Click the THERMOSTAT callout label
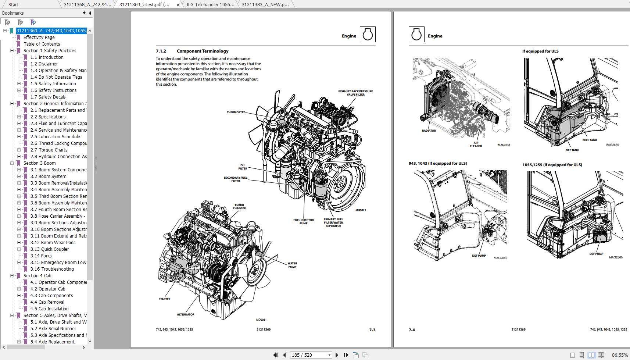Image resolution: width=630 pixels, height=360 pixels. pyautogui.click(x=236, y=112)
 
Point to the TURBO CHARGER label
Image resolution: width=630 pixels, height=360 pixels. pyautogui.click(x=239, y=207)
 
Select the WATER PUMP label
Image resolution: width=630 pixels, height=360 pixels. pyautogui.click(x=292, y=265)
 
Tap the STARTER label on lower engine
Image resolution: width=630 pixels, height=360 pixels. pyautogui.click(x=164, y=299)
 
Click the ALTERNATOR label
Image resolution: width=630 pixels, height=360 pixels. pyautogui.click(x=186, y=314)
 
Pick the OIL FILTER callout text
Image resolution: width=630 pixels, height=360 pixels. pyautogui.click(x=243, y=167)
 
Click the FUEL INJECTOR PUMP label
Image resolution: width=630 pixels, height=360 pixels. pyautogui.click(x=303, y=221)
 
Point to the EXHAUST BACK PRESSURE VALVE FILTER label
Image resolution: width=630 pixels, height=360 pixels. pyautogui.click(x=355, y=93)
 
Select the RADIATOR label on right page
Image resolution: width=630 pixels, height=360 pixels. pyautogui.click(x=429, y=131)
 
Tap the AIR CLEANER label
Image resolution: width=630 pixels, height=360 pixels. pyautogui.click(x=476, y=145)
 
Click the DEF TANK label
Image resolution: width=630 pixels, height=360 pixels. pyautogui.click(x=572, y=150)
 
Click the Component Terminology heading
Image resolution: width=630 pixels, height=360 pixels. pyautogui.click(x=203, y=51)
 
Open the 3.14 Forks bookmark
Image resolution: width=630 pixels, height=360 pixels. pyautogui.click(x=41, y=256)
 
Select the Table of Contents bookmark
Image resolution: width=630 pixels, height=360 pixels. pyautogui.click(x=42, y=44)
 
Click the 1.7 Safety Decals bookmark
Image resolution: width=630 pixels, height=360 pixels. pyautogui.click(x=48, y=97)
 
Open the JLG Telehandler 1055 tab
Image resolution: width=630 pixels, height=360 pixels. pyautogui.click(x=210, y=4)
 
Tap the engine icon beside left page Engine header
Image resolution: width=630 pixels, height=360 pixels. pyautogui.click(x=367, y=35)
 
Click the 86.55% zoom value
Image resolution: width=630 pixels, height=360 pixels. pyautogui.click(x=619, y=355)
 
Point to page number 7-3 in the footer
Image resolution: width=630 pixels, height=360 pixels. pyautogui.click(x=372, y=330)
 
